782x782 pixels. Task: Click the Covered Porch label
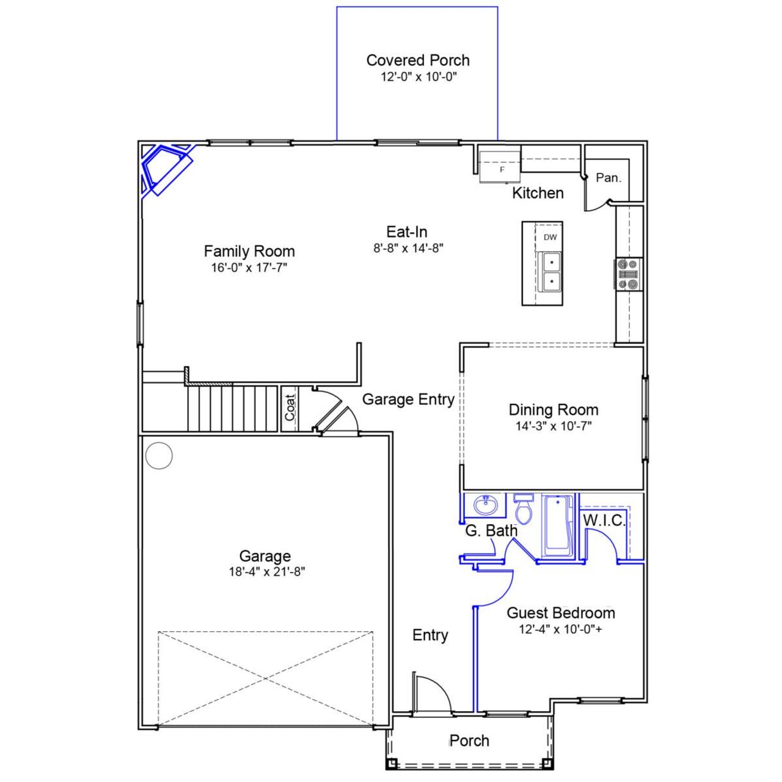[418, 60]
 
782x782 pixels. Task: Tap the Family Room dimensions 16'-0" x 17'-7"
[249, 268]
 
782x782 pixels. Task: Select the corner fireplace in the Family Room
[164, 167]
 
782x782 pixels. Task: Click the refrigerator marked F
[499, 165]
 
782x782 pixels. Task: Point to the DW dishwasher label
[550, 237]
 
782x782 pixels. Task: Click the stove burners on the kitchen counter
[628, 274]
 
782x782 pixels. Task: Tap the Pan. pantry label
[608, 178]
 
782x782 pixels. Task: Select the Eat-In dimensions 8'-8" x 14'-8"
[407, 248]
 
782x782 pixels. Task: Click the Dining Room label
[554, 410]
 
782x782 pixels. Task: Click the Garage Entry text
[408, 400]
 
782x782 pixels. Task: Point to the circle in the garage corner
[159, 456]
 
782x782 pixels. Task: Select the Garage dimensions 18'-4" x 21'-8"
[265, 572]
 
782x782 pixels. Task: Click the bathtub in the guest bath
[557, 525]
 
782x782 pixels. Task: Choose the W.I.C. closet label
[604, 521]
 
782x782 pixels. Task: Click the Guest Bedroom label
[561, 613]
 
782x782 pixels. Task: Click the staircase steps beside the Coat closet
[232, 408]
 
